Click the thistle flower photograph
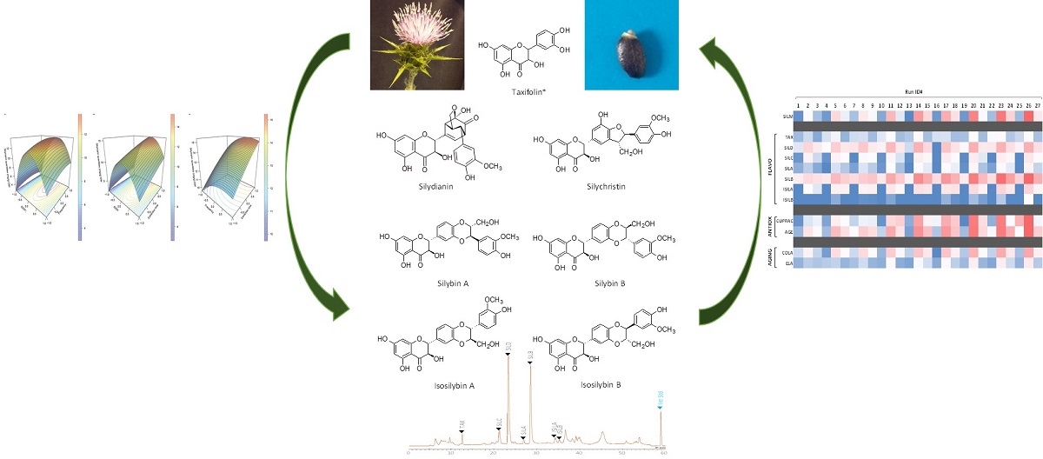coord(413,45)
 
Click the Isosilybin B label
coord(601,383)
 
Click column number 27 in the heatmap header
coord(1029,104)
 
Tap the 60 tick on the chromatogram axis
coord(662,453)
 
